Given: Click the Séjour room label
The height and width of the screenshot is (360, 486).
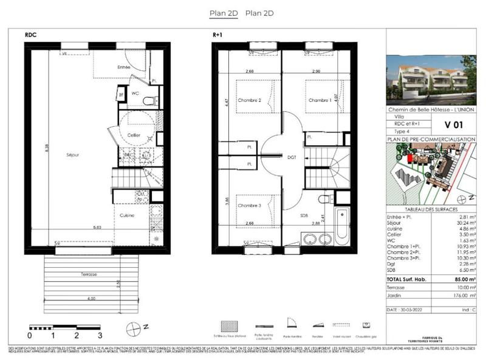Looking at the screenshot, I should pos(73,154).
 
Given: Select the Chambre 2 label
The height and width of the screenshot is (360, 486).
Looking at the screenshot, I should pos(249,100).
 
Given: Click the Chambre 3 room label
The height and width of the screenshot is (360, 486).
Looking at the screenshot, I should pos(249,205).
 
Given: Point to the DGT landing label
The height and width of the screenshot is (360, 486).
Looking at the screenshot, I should pos(292,157).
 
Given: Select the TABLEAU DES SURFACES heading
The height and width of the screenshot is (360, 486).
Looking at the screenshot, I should pos(431,209).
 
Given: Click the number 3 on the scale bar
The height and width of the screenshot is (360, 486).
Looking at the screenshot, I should pos(100,335).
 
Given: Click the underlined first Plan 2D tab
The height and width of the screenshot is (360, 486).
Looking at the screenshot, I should pos(224,13).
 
